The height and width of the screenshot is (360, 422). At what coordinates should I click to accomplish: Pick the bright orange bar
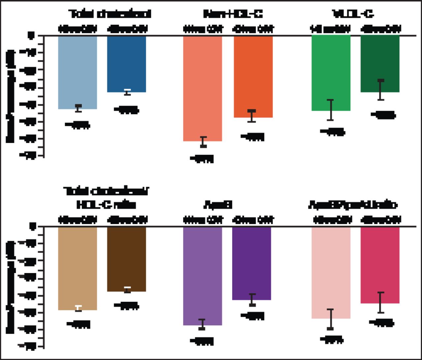(253, 76)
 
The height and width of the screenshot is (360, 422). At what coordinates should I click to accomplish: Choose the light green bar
(331, 73)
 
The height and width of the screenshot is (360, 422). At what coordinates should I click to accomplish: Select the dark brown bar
(127, 259)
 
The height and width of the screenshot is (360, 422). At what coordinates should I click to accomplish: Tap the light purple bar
(202, 276)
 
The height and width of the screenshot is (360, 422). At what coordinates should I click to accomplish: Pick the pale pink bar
(331, 272)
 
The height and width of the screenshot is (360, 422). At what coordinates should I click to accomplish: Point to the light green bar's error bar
(331, 110)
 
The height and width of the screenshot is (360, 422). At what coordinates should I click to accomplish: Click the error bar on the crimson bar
(381, 302)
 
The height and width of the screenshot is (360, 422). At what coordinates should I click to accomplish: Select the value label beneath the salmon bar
(202, 159)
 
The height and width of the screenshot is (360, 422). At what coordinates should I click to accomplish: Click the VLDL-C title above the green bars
(353, 14)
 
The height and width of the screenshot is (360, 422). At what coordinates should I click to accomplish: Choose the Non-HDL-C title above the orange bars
(233, 14)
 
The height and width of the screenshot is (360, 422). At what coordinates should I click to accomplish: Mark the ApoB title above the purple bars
(218, 205)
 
